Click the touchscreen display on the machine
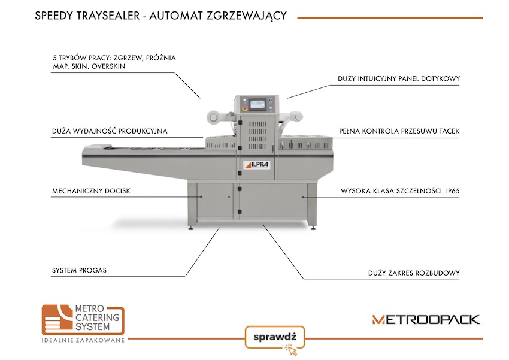[x=258, y=104]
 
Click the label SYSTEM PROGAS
[x=79, y=270]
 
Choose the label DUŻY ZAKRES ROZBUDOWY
[x=414, y=273]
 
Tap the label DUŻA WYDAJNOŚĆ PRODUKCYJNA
[x=110, y=131]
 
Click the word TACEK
[x=447, y=131]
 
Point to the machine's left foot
[x=192, y=225]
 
